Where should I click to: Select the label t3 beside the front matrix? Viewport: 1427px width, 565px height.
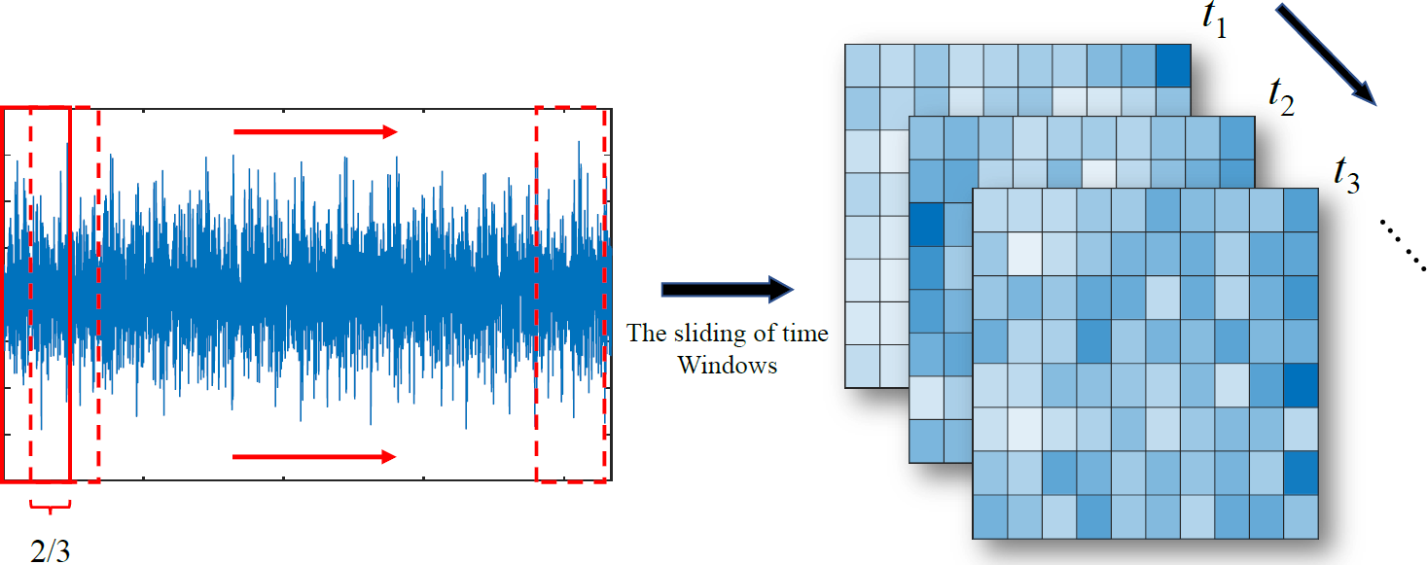(x=1346, y=175)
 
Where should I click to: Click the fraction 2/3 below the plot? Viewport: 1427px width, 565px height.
(x=51, y=550)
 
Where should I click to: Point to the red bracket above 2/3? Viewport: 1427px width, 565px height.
(x=51, y=506)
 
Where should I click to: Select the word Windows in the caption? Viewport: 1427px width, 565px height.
(x=728, y=366)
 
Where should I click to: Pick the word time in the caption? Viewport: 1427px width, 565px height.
(x=806, y=335)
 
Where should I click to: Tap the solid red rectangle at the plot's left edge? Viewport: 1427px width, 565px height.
(x=37, y=294)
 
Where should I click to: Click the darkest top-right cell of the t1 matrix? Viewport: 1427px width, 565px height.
(x=1173, y=66)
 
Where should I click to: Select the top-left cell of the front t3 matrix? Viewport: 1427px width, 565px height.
(x=990, y=211)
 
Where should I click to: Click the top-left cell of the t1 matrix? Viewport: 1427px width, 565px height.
(x=862, y=66)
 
